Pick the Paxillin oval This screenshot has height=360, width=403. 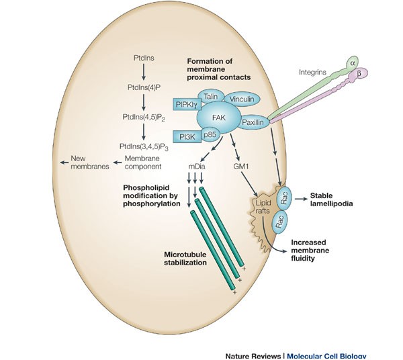pyautogui.click(x=248, y=124)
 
